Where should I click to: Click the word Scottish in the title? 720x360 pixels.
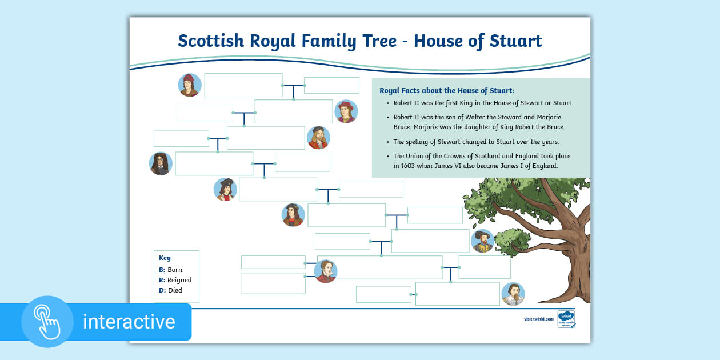click(x=211, y=41)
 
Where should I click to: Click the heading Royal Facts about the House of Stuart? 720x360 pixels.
click(x=447, y=90)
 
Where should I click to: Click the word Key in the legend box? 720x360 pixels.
click(x=165, y=258)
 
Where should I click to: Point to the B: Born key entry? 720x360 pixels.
click(x=171, y=270)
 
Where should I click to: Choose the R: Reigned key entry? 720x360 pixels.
click(x=175, y=280)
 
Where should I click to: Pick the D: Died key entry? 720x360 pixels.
click(x=171, y=290)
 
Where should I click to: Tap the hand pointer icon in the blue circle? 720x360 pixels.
click(x=47, y=322)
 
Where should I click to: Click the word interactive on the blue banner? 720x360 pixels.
click(x=129, y=322)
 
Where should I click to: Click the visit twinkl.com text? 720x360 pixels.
click(x=539, y=319)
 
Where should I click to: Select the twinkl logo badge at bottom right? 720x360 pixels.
click(x=566, y=319)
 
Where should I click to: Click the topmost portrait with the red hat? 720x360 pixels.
click(x=190, y=85)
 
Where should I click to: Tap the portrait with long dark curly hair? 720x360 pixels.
click(x=161, y=163)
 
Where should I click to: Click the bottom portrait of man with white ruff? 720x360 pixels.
click(x=513, y=294)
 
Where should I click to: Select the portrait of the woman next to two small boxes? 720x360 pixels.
click(x=326, y=271)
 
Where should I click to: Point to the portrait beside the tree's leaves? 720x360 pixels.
click(x=482, y=241)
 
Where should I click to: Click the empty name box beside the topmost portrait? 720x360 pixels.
click(x=243, y=85)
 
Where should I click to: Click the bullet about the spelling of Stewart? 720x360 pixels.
click(x=476, y=142)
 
